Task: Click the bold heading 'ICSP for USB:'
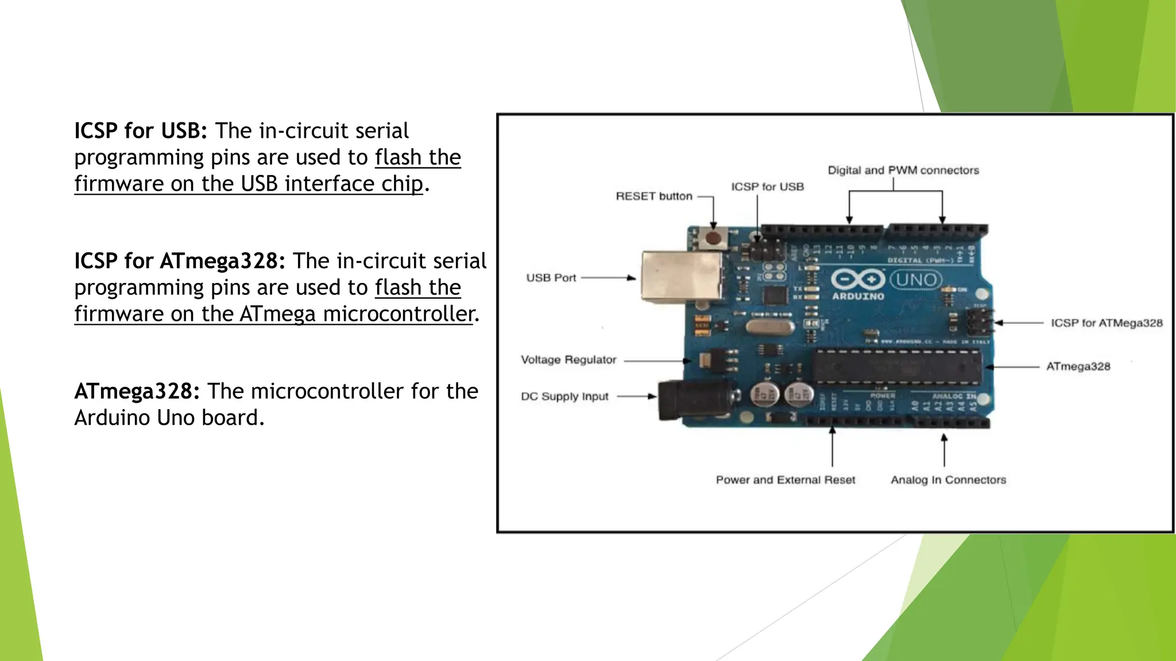[x=140, y=131]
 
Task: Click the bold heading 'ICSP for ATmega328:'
[x=179, y=261]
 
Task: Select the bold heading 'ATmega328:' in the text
[x=137, y=391]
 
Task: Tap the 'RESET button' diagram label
[x=653, y=196]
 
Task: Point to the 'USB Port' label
[x=551, y=278]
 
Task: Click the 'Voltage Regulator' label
[x=568, y=360]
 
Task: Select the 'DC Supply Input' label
[x=564, y=396]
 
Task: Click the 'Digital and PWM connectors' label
[x=903, y=170]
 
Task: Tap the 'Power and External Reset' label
[x=785, y=480]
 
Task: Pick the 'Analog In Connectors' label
[x=948, y=480]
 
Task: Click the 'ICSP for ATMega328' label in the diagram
[x=1106, y=323]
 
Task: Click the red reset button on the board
[x=713, y=238]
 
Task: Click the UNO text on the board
[x=916, y=280]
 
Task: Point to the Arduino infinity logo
[x=858, y=280]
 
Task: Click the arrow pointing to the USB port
[x=609, y=278]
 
